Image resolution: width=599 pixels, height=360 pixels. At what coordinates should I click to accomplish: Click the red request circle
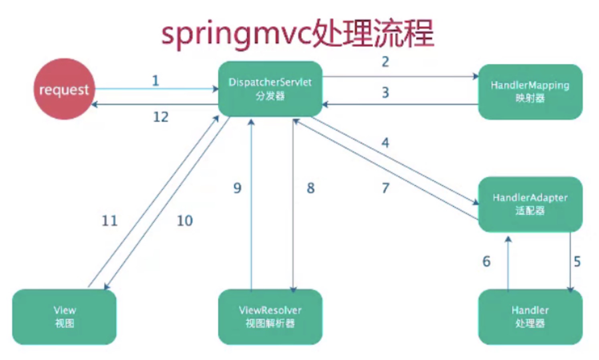pyautogui.click(x=64, y=89)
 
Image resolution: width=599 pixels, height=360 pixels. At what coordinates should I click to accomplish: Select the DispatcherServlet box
pyautogui.click(x=270, y=89)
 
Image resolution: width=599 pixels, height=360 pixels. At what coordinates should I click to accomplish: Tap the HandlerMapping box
pyautogui.click(x=530, y=92)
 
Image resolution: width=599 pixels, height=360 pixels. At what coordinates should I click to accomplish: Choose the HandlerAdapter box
pyautogui.click(x=530, y=204)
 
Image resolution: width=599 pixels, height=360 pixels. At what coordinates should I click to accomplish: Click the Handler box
pyautogui.click(x=530, y=317)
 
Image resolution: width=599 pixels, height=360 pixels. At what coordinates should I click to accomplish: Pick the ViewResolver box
pyautogui.click(x=270, y=317)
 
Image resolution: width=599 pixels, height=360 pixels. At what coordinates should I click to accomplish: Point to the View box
pyautogui.click(x=64, y=317)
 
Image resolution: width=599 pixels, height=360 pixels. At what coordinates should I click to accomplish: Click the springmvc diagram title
pyautogui.click(x=297, y=34)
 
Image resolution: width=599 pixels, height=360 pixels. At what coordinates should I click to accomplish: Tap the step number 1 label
pyautogui.click(x=156, y=81)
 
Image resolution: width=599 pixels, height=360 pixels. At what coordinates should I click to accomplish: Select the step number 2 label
pyautogui.click(x=385, y=62)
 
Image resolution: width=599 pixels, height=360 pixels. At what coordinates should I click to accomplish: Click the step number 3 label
pyautogui.click(x=385, y=93)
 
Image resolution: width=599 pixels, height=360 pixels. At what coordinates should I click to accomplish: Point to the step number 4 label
pyautogui.click(x=385, y=143)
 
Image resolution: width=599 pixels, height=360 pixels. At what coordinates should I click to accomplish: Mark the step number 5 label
pyautogui.click(x=577, y=262)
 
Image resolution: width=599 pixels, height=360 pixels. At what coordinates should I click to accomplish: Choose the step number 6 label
pyautogui.click(x=486, y=262)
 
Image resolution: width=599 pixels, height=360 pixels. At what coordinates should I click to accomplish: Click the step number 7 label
pyautogui.click(x=385, y=188)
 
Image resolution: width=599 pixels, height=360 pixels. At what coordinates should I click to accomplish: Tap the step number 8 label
pyautogui.click(x=311, y=188)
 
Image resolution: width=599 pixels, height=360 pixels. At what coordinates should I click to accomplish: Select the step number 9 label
pyautogui.click(x=237, y=188)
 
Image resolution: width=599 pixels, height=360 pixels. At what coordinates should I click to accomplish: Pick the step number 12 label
pyautogui.click(x=161, y=117)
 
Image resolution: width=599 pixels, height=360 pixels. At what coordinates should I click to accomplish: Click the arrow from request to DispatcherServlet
pyautogui.click(x=156, y=89)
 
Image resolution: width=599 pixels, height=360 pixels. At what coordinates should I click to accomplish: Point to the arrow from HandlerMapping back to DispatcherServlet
pyautogui.click(x=401, y=105)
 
